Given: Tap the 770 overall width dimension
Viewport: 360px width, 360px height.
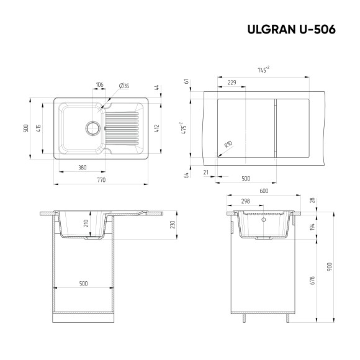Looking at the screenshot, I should tap(101, 179).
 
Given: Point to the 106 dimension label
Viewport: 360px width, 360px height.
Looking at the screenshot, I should tap(99, 85).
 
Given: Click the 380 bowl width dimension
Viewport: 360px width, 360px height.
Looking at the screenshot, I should tap(83, 167).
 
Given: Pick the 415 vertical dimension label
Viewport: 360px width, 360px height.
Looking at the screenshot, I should tap(38, 128).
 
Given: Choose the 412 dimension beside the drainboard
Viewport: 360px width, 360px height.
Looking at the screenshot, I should tap(159, 128).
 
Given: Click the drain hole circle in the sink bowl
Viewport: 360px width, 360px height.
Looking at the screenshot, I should tap(92, 128).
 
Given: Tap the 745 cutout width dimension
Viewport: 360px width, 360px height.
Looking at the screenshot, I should tap(263, 71).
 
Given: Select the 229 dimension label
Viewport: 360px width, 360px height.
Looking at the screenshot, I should tap(232, 83).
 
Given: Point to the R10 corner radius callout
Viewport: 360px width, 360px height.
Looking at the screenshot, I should tap(228, 145).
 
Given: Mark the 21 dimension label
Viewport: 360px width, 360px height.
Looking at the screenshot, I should tap(205, 173).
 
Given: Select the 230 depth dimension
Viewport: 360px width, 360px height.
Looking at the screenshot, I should tap(173, 225).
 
